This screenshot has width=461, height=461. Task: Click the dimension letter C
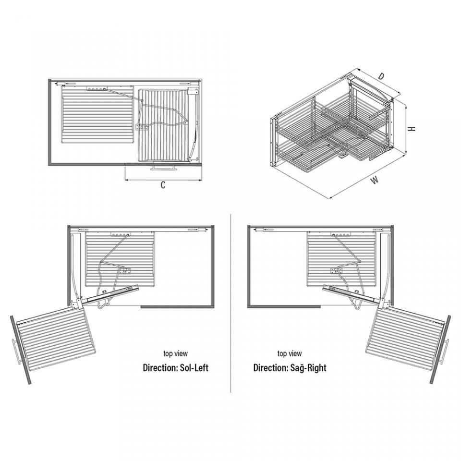point(163,185)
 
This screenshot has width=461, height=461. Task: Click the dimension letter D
point(381,76)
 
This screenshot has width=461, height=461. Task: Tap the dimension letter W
point(374,180)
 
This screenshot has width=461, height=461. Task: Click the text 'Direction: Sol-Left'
point(176,367)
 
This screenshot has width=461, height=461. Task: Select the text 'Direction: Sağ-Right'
point(290,367)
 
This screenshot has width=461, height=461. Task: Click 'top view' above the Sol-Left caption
point(176,353)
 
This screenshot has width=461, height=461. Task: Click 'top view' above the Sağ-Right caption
point(290,353)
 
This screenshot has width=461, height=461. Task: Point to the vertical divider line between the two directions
point(231,303)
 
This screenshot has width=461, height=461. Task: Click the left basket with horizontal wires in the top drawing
point(97,114)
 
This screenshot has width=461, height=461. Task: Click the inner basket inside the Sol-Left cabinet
point(120,259)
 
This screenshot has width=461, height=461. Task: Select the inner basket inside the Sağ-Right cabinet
point(341,259)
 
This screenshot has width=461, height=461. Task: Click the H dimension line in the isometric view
point(406,129)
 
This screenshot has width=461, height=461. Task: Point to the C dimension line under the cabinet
point(163,179)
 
